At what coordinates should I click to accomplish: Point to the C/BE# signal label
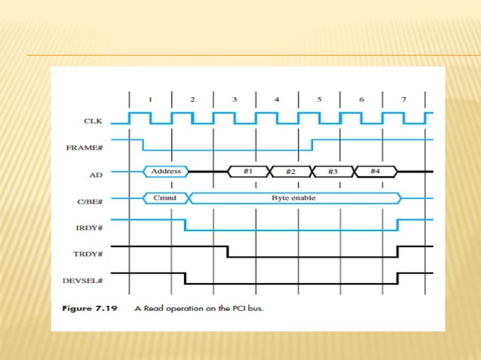pyautogui.click(x=91, y=200)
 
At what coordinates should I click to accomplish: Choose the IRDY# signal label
pyautogui.click(x=92, y=226)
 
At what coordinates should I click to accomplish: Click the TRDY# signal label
pyautogui.click(x=91, y=255)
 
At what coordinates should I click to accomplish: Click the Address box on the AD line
pyautogui.click(x=166, y=172)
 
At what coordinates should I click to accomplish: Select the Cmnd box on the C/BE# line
pyautogui.click(x=164, y=198)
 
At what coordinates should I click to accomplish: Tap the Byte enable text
pyautogui.click(x=293, y=198)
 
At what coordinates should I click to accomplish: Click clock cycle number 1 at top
pyautogui.click(x=150, y=99)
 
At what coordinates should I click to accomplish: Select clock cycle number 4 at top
pyautogui.click(x=277, y=99)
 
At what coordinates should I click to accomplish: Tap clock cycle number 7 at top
pyautogui.click(x=403, y=99)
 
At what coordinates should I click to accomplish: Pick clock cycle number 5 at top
pyautogui.click(x=319, y=99)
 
